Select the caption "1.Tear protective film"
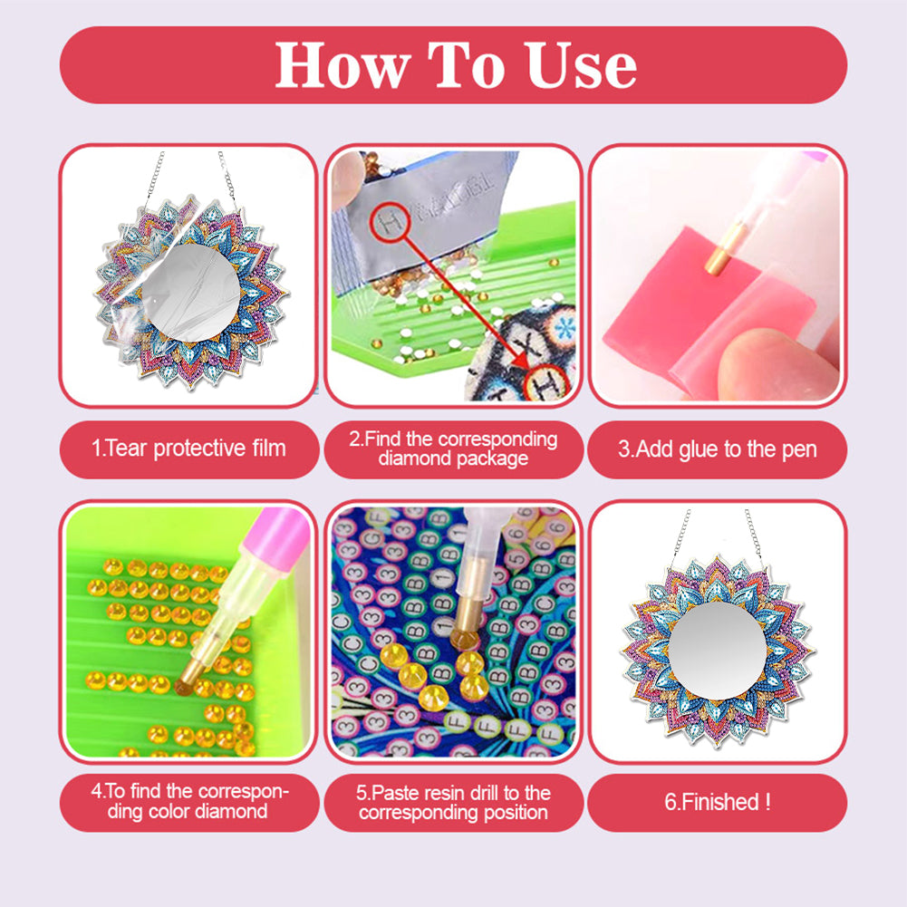click(188, 448)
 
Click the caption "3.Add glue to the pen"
click(717, 449)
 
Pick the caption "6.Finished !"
click(717, 802)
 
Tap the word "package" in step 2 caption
click(490, 458)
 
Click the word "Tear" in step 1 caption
click(128, 448)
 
